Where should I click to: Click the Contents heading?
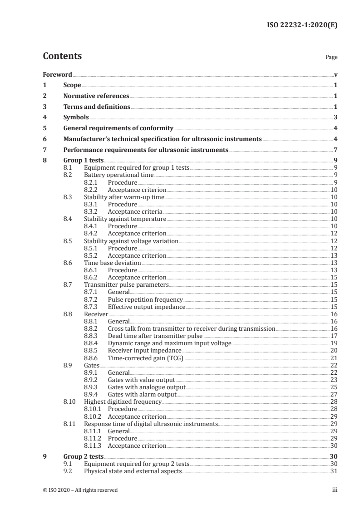(x=62, y=56)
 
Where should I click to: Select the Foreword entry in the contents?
(x=57, y=74)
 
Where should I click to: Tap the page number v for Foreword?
(x=335, y=74)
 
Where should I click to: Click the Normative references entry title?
(x=96, y=96)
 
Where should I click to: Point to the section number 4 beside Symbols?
(x=44, y=117)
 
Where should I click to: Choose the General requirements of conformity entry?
(x=118, y=128)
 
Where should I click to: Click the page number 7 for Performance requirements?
(x=335, y=150)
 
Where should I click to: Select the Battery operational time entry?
(x=119, y=175)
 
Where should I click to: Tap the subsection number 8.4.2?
(x=92, y=234)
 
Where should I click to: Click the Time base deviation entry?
(x=113, y=263)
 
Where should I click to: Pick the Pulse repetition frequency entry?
(x=145, y=300)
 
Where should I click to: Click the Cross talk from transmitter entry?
(x=191, y=328)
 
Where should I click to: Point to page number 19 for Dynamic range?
(x=334, y=343)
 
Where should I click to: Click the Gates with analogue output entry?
(x=146, y=387)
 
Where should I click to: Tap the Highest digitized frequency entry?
(x=123, y=402)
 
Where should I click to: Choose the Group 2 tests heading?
(x=83, y=456)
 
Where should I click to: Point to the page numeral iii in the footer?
(x=335, y=490)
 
